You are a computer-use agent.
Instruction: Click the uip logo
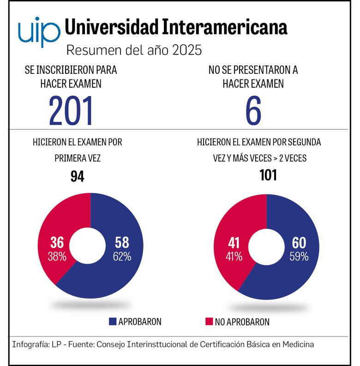click(39, 31)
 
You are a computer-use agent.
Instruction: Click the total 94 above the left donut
click(77, 176)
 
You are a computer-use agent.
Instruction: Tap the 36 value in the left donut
click(57, 243)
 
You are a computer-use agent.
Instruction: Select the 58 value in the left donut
click(122, 243)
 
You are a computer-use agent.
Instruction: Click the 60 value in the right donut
click(299, 243)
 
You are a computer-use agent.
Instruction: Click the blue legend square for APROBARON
click(113, 322)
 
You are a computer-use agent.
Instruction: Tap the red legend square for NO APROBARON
click(209, 322)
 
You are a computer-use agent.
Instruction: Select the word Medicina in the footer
click(298, 345)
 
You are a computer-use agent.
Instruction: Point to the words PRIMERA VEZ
click(77, 158)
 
